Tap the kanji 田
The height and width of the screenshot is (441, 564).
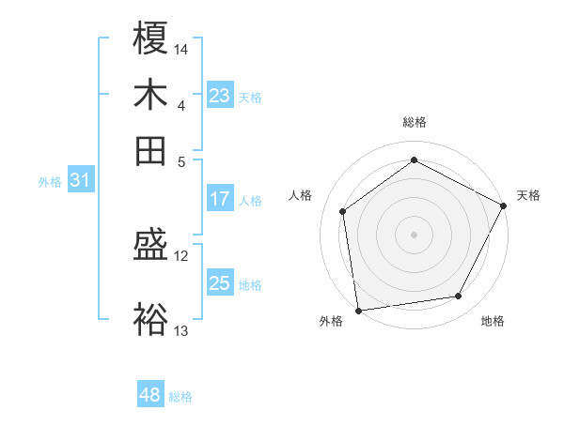click(x=150, y=149)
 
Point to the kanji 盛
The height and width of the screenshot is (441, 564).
click(x=150, y=247)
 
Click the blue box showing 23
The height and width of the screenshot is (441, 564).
click(x=220, y=96)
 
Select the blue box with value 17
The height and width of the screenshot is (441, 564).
click(x=220, y=199)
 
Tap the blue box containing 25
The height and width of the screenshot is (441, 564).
click(x=220, y=283)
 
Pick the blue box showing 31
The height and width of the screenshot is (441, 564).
click(x=80, y=181)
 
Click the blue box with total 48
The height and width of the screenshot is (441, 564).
click(x=150, y=395)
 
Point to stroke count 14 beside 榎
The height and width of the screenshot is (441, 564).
click(x=181, y=49)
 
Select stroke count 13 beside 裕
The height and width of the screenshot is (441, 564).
click(x=181, y=330)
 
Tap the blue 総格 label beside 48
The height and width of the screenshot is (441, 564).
click(x=180, y=397)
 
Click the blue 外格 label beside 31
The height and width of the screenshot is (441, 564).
click(x=49, y=182)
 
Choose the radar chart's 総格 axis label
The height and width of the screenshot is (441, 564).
click(x=414, y=122)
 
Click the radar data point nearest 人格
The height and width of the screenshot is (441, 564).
click(x=343, y=211)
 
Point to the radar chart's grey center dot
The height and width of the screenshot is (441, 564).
click(x=414, y=234)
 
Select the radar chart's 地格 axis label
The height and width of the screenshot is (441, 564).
click(x=493, y=321)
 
